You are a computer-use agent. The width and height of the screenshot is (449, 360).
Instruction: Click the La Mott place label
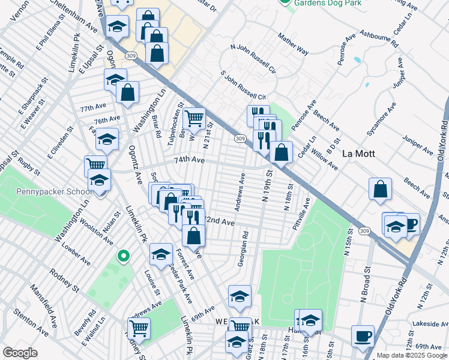358,154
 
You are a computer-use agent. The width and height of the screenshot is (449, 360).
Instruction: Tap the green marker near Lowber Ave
124,257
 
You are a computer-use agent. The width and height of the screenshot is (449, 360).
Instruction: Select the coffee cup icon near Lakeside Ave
363,336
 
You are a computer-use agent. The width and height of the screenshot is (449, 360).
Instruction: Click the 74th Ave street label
190,161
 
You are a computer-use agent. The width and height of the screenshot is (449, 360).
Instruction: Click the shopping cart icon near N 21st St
194,119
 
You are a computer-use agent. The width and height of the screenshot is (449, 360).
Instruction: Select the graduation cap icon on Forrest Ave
161,254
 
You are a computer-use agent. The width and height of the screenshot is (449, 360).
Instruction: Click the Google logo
20,353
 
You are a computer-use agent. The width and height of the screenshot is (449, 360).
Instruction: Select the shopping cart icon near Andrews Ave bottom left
139,328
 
